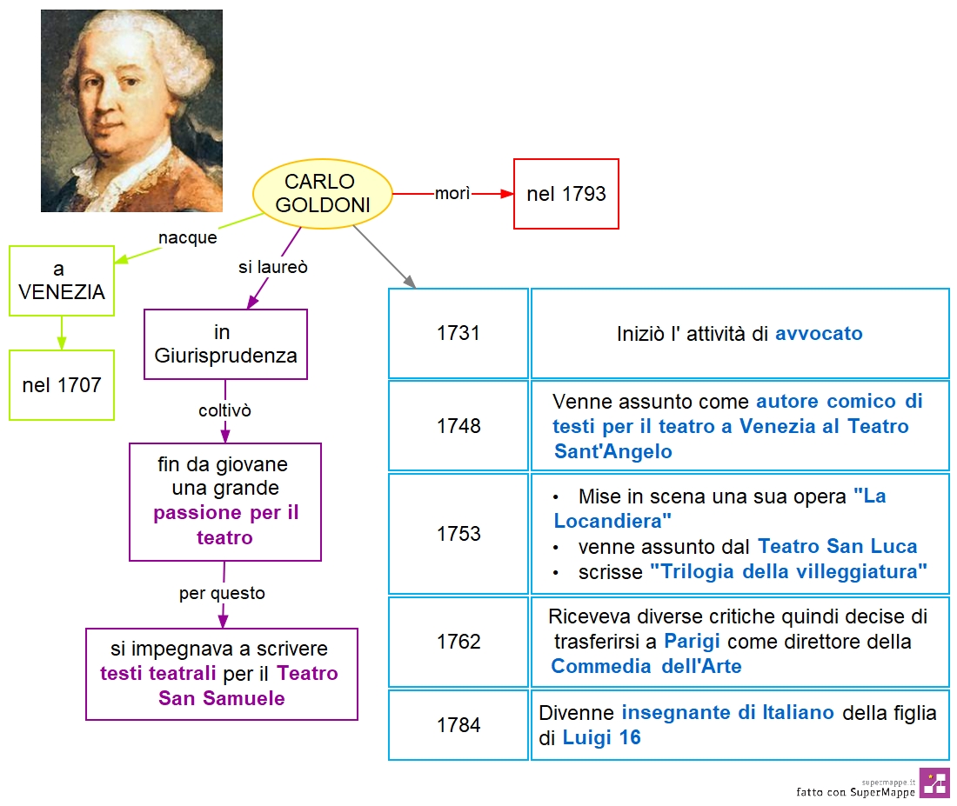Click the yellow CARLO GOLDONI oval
coord(322,193)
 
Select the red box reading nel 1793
coord(565,194)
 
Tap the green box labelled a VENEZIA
coord(62,281)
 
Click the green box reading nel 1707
coord(62,385)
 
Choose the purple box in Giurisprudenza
coord(225,344)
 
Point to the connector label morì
coord(452,193)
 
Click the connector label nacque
coord(187,237)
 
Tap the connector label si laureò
coord(273,267)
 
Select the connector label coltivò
coord(224,410)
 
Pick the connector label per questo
coord(222,593)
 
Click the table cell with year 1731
coord(458,333)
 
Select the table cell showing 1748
coord(458,426)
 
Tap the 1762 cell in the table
coord(458,642)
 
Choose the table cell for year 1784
coord(458,725)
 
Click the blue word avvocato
coord(819,334)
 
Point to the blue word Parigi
coord(692,642)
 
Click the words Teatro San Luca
coord(837,546)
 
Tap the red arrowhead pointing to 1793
coord(507,193)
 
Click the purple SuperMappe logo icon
coord(934,783)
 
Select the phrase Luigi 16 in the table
coord(601,737)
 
